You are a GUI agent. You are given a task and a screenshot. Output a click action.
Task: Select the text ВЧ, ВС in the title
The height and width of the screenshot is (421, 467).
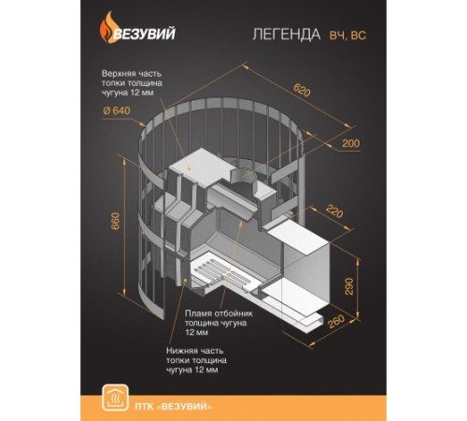(347, 36)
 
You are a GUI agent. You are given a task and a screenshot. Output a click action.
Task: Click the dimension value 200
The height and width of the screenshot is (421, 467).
(350, 143)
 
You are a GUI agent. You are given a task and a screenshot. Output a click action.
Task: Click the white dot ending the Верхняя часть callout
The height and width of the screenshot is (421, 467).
(192, 163)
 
